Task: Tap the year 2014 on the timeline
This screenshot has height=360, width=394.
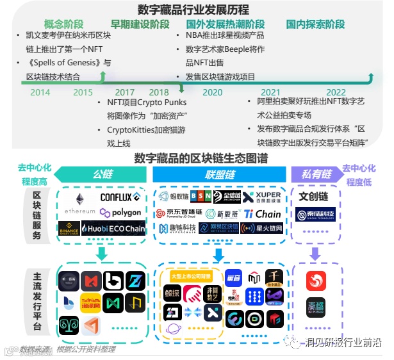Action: click(40, 92)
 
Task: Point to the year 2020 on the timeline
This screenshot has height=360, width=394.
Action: click(212, 92)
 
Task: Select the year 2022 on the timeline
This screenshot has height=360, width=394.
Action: click(336, 92)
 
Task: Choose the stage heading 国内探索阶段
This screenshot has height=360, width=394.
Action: click(316, 24)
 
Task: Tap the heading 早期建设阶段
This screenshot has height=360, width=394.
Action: click(140, 24)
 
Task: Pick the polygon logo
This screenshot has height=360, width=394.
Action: click(121, 213)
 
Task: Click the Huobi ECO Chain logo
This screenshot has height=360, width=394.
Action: click(114, 228)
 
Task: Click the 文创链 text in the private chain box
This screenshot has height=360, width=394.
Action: click(314, 195)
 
